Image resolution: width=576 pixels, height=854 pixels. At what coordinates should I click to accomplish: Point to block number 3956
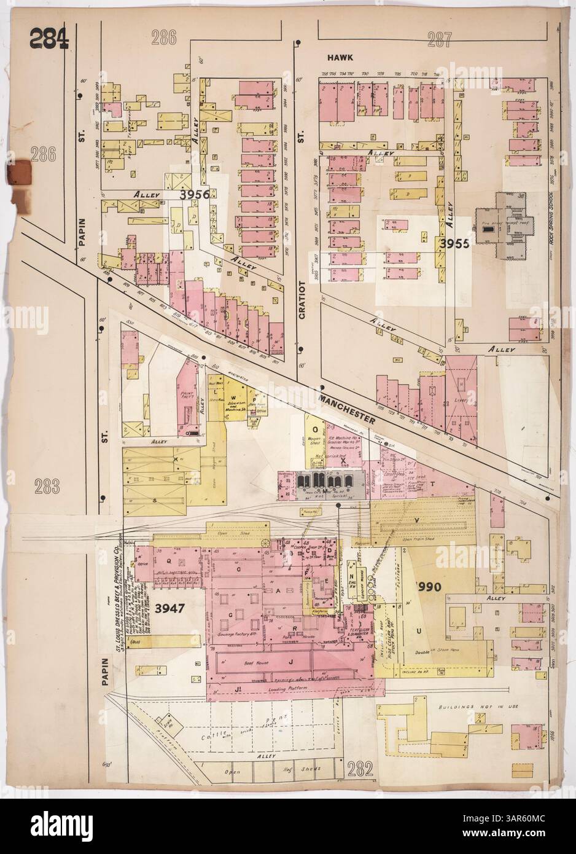195,194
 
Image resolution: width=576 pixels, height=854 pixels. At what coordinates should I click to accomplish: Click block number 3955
454,243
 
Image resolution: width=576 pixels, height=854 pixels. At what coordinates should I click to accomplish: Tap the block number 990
430,586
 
